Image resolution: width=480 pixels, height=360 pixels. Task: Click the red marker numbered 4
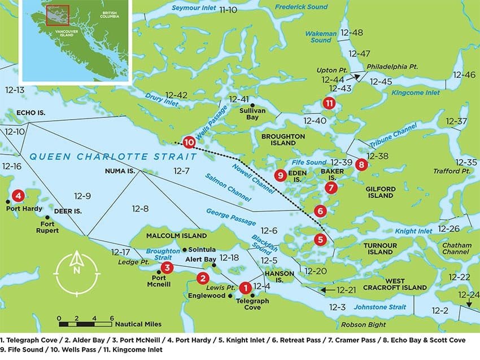click(x=19, y=196)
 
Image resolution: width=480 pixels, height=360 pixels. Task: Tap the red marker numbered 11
click(x=329, y=103)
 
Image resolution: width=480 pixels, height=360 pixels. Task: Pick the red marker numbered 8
click(x=361, y=165)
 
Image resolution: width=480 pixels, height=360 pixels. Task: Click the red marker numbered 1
click(x=245, y=288)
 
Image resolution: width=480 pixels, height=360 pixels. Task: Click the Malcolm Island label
click(x=177, y=235)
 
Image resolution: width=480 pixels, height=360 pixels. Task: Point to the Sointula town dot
click(x=185, y=249)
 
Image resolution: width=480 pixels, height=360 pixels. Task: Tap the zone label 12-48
click(x=352, y=33)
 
